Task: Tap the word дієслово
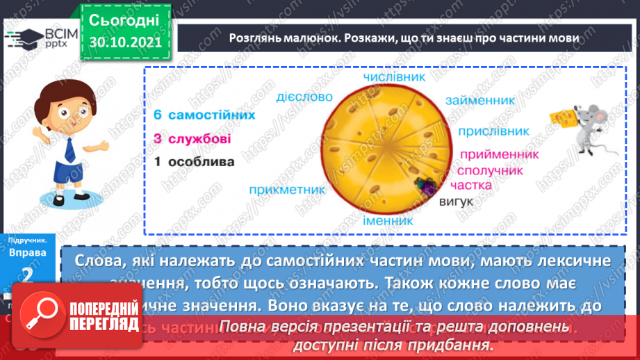(x=305, y=97)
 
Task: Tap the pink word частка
(x=470, y=185)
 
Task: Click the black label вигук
(x=456, y=202)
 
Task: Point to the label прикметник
(x=286, y=188)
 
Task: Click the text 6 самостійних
(x=195, y=115)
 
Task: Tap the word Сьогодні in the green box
(x=125, y=19)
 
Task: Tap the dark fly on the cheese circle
(x=423, y=185)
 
